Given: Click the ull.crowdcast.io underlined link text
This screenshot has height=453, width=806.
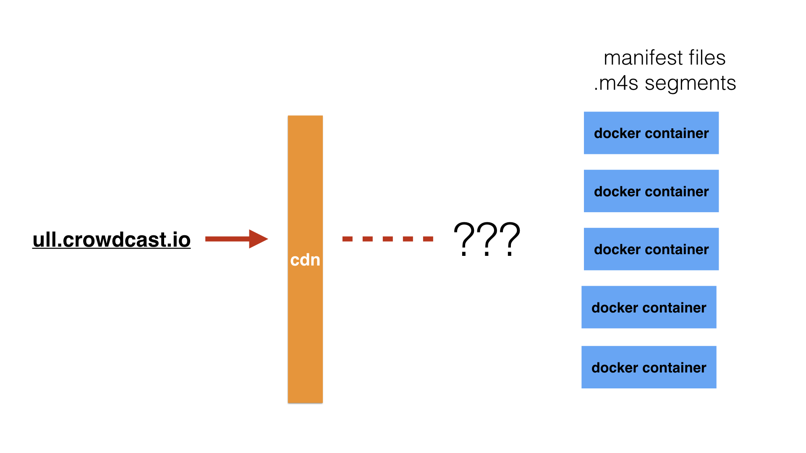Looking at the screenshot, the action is [112, 240].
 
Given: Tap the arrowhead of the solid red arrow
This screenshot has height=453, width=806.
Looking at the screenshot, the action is [258, 239].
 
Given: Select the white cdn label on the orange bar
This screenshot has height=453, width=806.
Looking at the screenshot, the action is [305, 260].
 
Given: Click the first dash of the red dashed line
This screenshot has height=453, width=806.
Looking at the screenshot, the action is [348, 239].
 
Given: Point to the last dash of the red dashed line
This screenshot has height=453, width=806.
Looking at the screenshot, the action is [428, 239].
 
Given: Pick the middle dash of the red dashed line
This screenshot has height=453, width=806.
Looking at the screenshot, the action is [388, 239].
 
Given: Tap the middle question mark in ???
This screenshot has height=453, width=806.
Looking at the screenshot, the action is [487, 239].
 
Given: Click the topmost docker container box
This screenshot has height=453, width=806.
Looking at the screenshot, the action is [651, 133].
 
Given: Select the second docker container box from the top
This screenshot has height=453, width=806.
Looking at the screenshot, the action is [651, 191].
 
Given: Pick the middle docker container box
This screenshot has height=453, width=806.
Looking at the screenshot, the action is [651, 249].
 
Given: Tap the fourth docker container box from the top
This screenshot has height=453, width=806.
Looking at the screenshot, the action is [649, 307].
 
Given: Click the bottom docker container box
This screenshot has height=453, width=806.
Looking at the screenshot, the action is [649, 367].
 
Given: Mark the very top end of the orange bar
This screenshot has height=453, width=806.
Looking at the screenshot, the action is [305, 116].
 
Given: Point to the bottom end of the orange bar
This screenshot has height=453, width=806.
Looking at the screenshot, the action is [305, 403].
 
